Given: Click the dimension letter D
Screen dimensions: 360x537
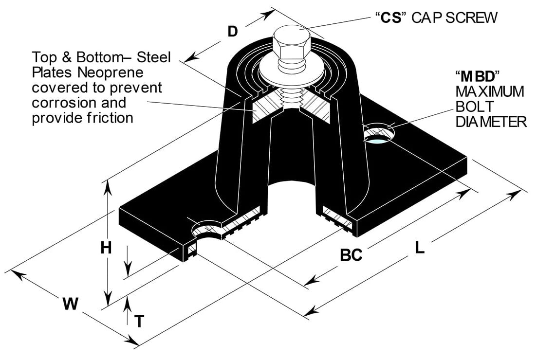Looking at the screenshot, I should [x=233, y=32].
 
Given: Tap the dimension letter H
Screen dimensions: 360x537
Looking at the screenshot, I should [x=106, y=248].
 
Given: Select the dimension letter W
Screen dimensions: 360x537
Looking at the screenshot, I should [x=71, y=304].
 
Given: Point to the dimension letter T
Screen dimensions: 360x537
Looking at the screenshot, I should [x=139, y=321].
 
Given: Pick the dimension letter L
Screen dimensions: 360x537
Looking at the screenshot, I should [x=420, y=248].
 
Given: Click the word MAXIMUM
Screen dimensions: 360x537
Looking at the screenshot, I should [x=490, y=91].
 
